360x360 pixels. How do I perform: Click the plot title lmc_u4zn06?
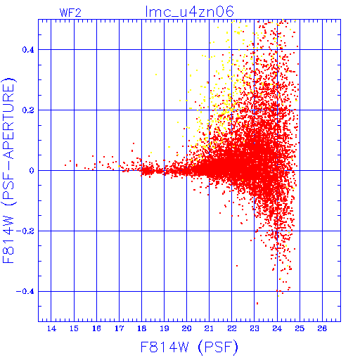click(x=189, y=12)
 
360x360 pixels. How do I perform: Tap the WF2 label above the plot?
click(x=70, y=13)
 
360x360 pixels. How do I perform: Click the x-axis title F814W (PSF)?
click(x=189, y=347)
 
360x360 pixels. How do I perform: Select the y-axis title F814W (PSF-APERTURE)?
click(x=8, y=171)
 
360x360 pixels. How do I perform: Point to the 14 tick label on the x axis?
click(x=51, y=328)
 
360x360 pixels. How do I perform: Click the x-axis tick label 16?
click(x=96, y=328)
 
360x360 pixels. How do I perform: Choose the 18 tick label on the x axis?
click(x=141, y=328)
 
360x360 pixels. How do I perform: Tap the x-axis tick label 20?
click(x=186, y=328)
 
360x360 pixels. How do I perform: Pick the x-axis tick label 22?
click(x=232, y=328)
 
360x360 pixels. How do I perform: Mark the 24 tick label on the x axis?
click(x=277, y=328)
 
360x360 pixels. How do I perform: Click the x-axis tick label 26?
click(x=322, y=328)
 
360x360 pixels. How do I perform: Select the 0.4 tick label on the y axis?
click(x=28, y=50)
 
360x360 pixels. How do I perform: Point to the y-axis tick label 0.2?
click(x=28, y=110)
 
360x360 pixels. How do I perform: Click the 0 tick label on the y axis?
click(x=32, y=171)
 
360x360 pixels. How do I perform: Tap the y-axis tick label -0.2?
click(x=25, y=231)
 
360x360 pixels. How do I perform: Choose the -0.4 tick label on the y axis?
click(x=25, y=292)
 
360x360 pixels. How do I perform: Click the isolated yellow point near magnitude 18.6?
click(x=156, y=75)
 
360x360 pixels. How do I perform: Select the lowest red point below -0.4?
click(x=257, y=303)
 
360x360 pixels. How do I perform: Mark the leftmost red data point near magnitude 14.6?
click(x=65, y=165)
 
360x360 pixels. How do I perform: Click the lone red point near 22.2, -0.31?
click(x=237, y=266)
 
